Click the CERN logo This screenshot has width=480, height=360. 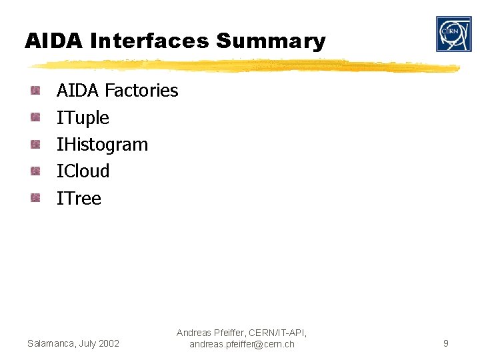coord(453,34)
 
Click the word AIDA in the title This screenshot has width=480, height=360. coord(54,41)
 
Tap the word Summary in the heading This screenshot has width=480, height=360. coord(271,41)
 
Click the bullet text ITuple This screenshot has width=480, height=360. coord(83,118)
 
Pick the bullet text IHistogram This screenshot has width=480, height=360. coord(102,145)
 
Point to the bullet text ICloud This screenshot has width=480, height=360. coord(83,171)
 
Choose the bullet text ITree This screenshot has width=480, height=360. coord(79,198)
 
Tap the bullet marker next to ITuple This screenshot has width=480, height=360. coord(35,117)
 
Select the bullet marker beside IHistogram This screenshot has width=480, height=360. coord(35,144)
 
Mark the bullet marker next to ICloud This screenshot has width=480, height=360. coord(35,171)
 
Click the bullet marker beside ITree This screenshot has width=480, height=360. coord(35,197)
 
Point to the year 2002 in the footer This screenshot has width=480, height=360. coord(108,344)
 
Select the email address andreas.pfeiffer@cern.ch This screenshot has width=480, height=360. coord(241,345)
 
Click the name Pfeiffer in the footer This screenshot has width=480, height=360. coord(231,333)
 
